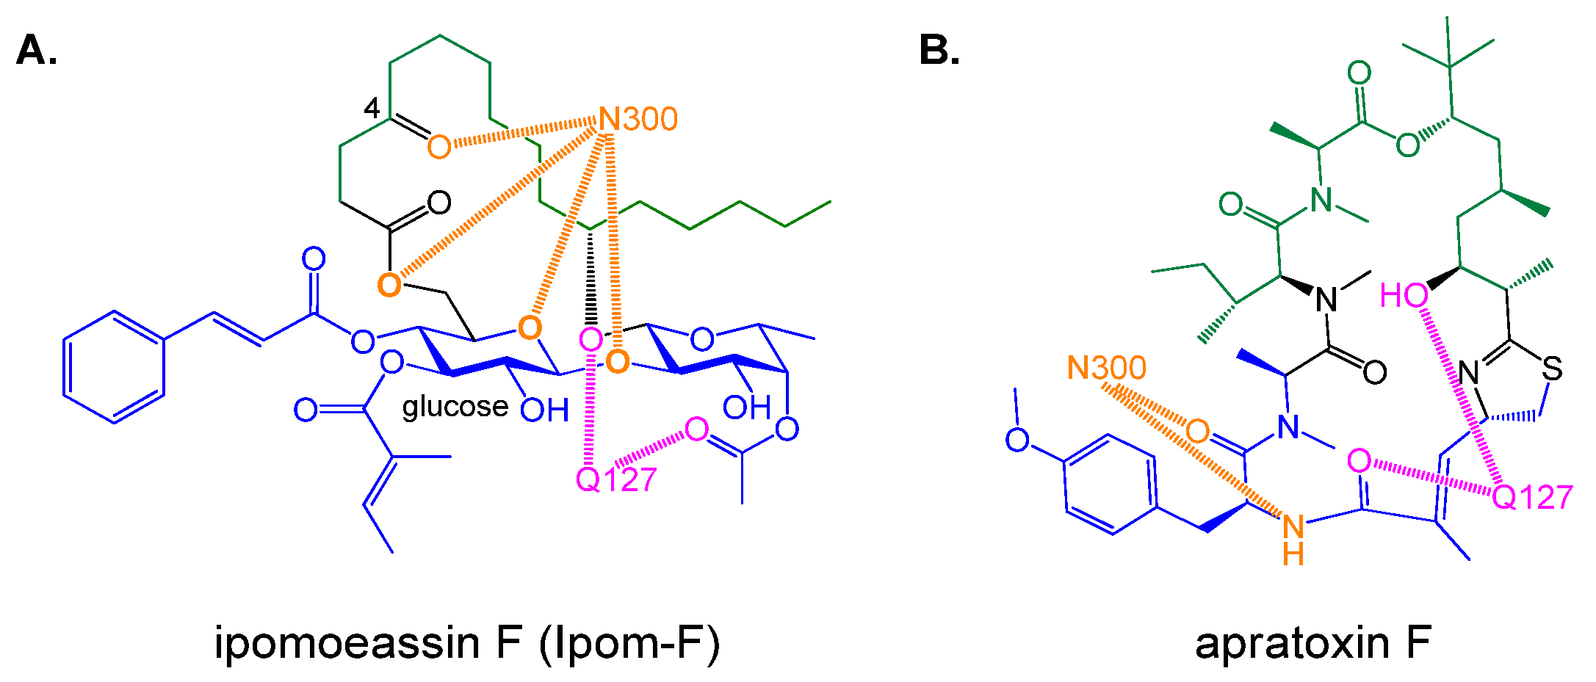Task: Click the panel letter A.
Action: pos(36,51)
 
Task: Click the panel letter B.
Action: pos(939,51)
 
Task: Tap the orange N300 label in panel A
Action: pos(638,119)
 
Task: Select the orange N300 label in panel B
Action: pos(1106,368)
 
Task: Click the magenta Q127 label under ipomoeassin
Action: pos(615,480)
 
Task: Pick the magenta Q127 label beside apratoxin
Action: pos(1532,498)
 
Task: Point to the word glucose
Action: pos(455,406)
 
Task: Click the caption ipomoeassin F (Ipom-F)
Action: pos(467,642)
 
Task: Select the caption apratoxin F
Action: pos(1313,642)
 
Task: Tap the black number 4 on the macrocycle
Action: pos(372,109)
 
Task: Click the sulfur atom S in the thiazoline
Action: pos(1551,369)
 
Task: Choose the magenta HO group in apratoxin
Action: pos(1404,296)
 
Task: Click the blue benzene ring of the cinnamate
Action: pos(114,367)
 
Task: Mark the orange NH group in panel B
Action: pos(1293,540)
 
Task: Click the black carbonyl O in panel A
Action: pos(438,203)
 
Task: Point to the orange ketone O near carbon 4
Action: pos(438,147)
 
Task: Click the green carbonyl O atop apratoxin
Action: pos(1359,73)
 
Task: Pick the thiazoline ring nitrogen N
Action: pos(1468,373)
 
